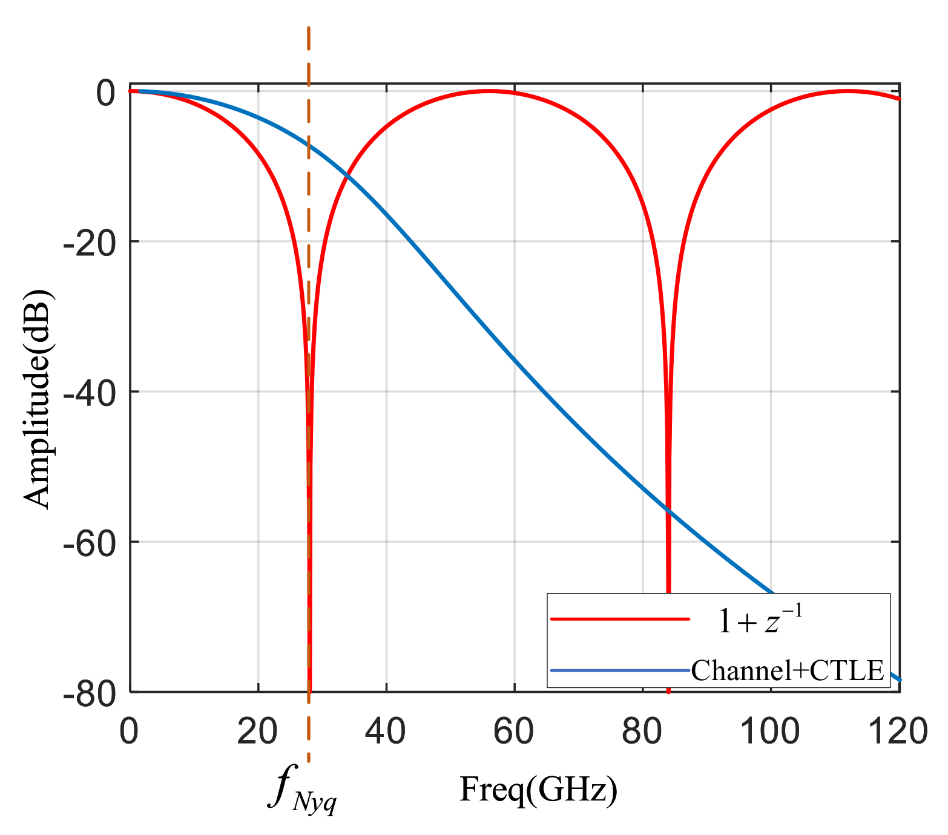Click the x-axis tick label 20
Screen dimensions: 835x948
tap(257, 732)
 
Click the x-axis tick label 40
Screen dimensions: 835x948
tap(386, 732)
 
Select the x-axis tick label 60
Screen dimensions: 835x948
tap(514, 732)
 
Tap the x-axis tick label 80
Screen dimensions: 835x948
tap(642, 732)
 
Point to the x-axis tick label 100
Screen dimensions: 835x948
tap(770, 732)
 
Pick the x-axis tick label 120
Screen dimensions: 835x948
tap(898, 732)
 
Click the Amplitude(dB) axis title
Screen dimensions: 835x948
tap(38, 399)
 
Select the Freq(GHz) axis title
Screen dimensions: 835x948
tap(538, 790)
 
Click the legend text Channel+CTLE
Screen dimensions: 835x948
tap(788, 670)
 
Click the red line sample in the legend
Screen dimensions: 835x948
tap(620, 619)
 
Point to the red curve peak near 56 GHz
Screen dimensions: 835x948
tap(489, 91)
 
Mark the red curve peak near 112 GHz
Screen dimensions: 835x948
tap(848, 91)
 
